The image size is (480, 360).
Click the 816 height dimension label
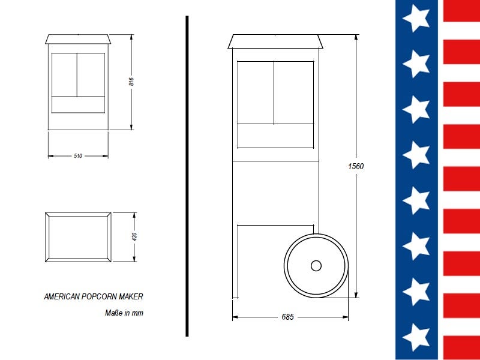pos(131,82)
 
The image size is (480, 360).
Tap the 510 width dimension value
pos(78,156)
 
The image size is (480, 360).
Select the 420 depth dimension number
pos(134,236)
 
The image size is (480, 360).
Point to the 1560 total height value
pos(356,166)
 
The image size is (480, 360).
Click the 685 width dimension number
pos(288,317)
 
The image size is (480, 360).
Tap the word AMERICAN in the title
pos(62,296)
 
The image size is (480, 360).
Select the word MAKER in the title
pos(131,296)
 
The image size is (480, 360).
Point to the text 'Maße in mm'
pos(124,313)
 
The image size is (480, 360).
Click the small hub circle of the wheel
pos(316,266)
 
